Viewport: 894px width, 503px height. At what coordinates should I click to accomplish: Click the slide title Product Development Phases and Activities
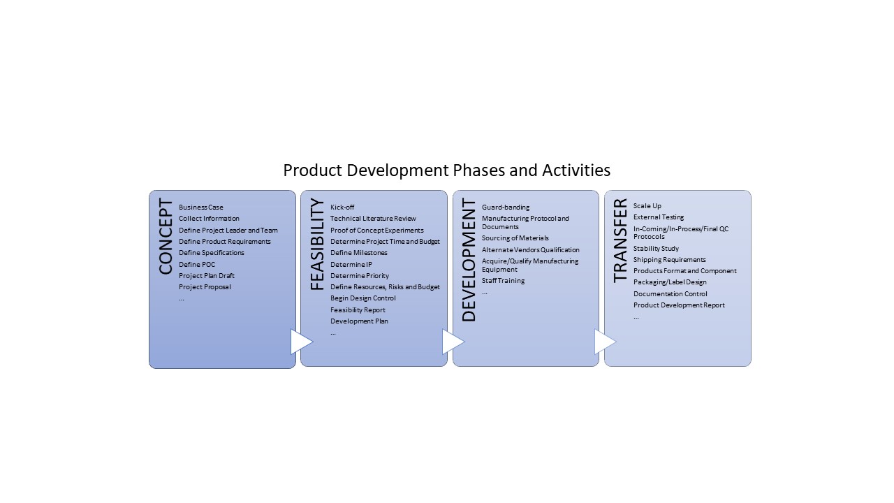tap(446, 170)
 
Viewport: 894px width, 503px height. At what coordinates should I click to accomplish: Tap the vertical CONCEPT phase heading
tap(166, 236)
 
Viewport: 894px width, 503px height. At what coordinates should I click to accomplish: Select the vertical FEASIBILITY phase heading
tap(317, 245)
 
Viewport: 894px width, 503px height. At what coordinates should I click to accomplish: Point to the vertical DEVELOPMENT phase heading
tap(469, 260)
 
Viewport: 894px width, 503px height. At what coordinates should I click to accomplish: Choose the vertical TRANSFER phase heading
tap(620, 241)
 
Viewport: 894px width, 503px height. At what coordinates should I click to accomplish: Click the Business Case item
tap(200, 207)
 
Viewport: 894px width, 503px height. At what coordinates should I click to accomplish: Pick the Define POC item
tap(197, 264)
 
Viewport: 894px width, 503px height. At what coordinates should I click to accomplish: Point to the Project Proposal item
tap(205, 287)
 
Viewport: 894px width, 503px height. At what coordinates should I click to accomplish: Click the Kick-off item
tap(342, 207)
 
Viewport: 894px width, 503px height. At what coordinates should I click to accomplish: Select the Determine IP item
tap(351, 264)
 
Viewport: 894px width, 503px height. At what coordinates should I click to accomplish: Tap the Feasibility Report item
tap(358, 309)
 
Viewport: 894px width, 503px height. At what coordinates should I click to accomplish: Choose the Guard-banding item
tap(506, 207)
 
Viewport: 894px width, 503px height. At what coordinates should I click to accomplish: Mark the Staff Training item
tap(504, 281)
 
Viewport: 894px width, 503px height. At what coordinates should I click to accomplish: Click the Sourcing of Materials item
tap(515, 238)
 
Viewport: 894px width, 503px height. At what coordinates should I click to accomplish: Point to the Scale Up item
tap(647, 206)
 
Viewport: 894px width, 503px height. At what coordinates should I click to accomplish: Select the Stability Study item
tap(656, 249)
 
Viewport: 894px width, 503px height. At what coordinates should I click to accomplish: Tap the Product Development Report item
tap(679, 305)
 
